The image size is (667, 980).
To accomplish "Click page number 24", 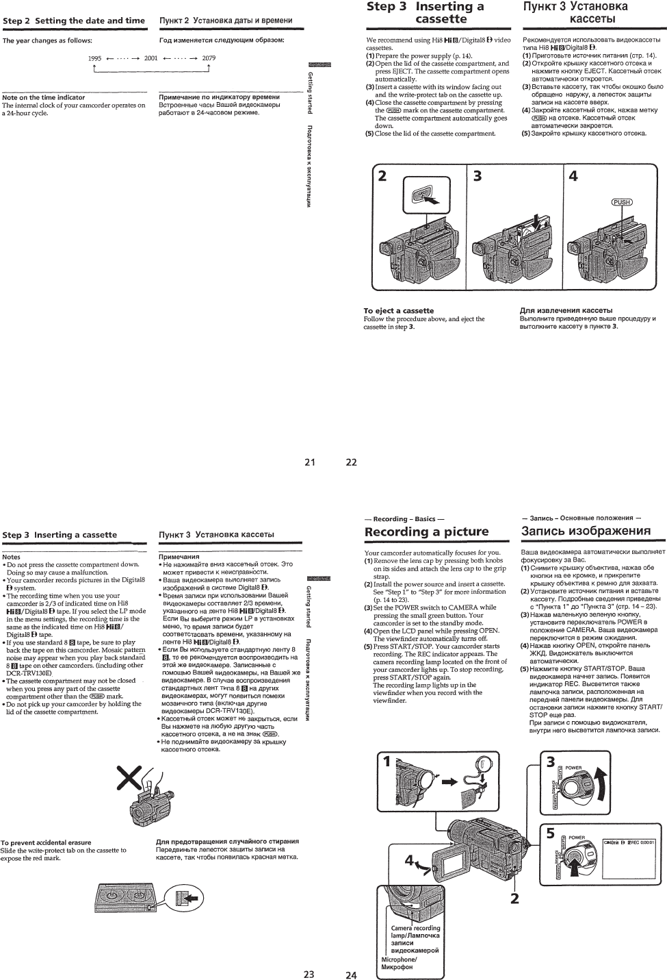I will (x=351, y=975).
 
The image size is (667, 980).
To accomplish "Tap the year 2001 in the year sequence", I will (x=151, y=58).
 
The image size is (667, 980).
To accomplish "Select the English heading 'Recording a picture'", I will (x=427, y=532).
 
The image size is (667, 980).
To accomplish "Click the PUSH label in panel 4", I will (x=621, y=202).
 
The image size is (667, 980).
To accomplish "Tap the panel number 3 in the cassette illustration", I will (x=478, y=176).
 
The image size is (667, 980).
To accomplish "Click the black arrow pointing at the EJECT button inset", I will (x=432, y=201).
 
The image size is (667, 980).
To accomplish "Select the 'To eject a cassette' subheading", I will (x=398, y=311).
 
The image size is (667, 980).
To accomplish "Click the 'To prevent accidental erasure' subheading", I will (x=46, y=842).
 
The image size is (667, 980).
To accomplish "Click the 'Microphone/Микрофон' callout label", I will (x=399, y=964).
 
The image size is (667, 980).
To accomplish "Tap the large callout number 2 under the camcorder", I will (x=514, y=897).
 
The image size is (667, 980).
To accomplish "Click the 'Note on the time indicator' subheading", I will (x=44, y=98).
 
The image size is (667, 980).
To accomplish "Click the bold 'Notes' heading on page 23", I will (x=12, y=557).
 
